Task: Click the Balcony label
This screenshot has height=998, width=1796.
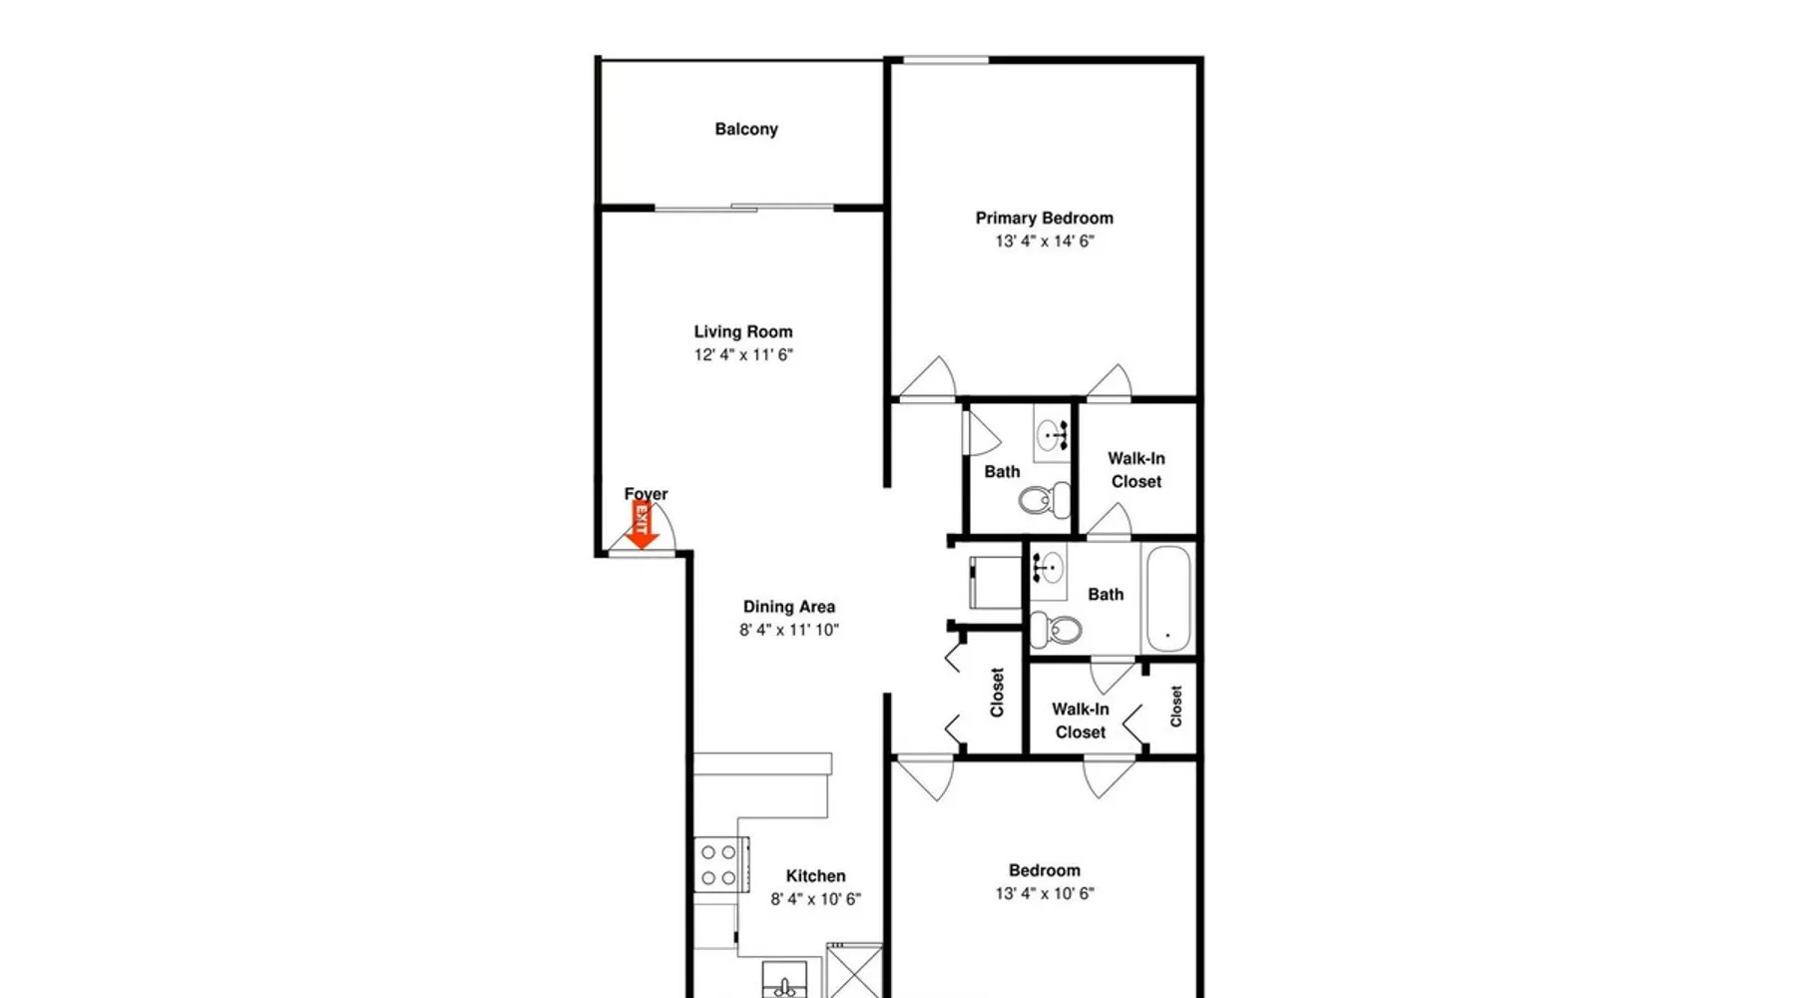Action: [x=746, y=129]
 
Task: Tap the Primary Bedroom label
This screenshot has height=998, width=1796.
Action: [x=1044, y=218]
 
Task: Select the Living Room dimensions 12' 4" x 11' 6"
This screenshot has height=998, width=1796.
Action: [x=743, y=354]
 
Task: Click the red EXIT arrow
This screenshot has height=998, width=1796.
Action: [x=642, y=525]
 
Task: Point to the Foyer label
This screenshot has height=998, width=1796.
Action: [x=646, y=494]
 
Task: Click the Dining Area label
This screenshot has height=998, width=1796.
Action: [x=788, y=606]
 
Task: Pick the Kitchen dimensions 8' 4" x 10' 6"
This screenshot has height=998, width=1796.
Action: [x=815, y=898]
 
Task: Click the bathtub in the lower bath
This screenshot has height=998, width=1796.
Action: [x=1167, y=597]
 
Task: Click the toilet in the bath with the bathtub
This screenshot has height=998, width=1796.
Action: [x=1056, y=630]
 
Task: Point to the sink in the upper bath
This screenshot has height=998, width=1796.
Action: [x=1051, y=435]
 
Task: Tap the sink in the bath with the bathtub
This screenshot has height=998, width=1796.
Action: [x=1048, y=570]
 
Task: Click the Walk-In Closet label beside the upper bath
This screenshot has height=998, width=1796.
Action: [x=1136, y=470]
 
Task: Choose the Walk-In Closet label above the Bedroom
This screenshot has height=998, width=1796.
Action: [x=1081, y=721]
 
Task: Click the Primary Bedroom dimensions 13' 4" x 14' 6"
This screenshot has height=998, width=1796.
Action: [x=1045, y=241]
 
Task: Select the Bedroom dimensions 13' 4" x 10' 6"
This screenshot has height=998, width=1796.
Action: [x=1045, y=893]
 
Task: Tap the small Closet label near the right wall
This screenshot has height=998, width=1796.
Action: [x=1176, y=706]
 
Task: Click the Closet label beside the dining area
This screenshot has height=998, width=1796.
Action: [x=997, y=693]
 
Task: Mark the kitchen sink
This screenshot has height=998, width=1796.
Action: [x=786, y=980]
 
